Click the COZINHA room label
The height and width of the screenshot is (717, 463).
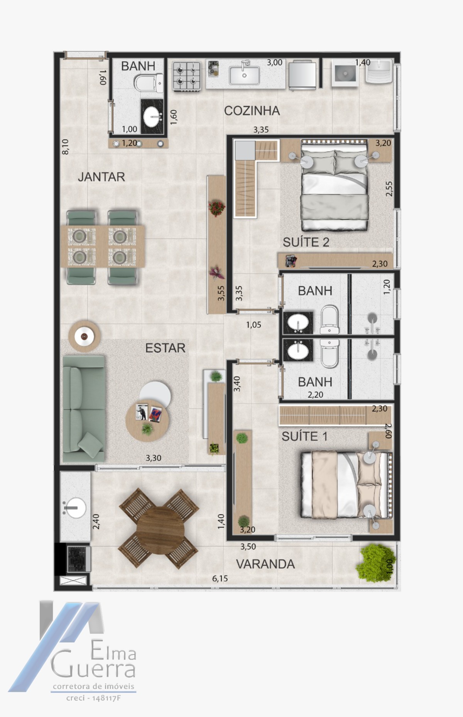pyautogui.click(x=252, y=111)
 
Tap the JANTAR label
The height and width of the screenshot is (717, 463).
pyautogui.click(x=101, y=177)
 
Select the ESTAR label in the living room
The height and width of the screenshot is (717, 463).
pyautogui.click(x=165, y=348)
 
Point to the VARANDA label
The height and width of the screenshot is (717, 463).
pyautogui.click(x=265, y=564)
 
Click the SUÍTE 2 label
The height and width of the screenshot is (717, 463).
pyautogui.click(x=306, y=242)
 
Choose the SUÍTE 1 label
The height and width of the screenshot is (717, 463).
pyautogui.click(x=305, y=436)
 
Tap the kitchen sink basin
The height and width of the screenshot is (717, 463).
pyautogui.click(x=244, y=75)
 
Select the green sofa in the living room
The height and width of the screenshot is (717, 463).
pyautogui.click(x=84, y=409)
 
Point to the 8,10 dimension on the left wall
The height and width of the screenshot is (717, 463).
pyautogui.click(x=65, y=147)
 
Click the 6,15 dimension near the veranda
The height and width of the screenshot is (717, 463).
pyautogui.click(x=220, y=578)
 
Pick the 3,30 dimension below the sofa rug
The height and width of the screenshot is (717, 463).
pyautogui.click(x=154, y=458)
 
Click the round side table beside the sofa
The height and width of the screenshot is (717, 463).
pyautogui.click(x=84, y=336)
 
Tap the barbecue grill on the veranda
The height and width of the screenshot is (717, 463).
pyautogui.click(x=79, y=559)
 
